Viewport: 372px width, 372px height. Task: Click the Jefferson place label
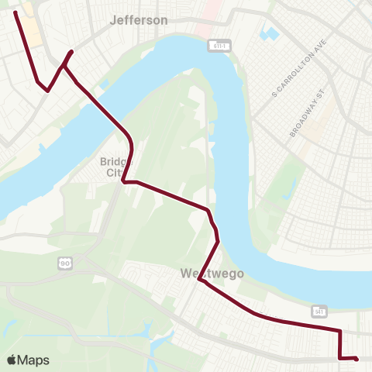pos(139,20)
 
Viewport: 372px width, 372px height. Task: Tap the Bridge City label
pos(116,167)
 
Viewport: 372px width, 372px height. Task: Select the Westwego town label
pos(212,274)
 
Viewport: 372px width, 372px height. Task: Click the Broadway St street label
pos(304,117)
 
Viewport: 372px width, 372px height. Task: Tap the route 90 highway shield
pos(66,264)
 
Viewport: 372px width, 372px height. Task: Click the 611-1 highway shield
pos(221,46)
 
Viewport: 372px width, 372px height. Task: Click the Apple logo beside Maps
pos(12,360)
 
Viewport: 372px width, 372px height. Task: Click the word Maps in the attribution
pos(33,360)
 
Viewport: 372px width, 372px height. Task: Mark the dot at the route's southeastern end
pos(356,359)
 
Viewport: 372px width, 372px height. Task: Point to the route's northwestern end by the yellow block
pos(15,12)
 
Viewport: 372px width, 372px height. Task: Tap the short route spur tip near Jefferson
pos(72,52)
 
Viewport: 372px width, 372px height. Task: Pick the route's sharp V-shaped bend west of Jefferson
pos(48,91)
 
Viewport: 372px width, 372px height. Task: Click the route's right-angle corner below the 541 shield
pos(340,331)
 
